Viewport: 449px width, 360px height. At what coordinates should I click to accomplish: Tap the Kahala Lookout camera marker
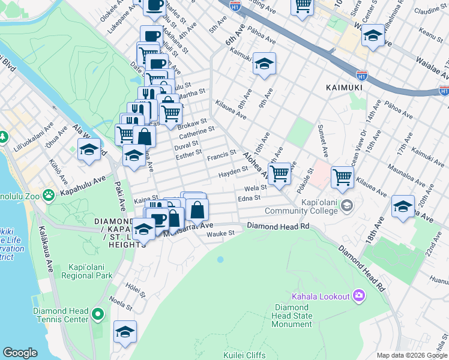[360, 295]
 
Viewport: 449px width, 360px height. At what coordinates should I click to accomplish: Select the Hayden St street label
[233, 172]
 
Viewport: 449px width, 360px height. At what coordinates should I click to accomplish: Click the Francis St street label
[221, 157]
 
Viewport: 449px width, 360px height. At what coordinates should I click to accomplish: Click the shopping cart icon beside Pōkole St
[342, 176]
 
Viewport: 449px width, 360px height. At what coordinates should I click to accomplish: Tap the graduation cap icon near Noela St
[125, 331]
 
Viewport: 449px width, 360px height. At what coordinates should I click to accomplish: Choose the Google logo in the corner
[20, 353]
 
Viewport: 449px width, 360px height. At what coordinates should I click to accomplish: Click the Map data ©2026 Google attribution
[411, 355]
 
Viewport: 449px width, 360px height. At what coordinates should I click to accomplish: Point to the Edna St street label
[249, 198]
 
